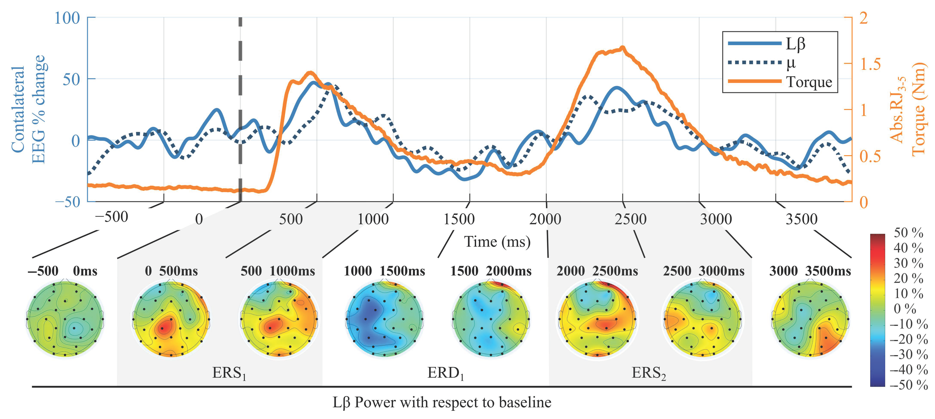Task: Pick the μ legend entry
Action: [x=762, y=63]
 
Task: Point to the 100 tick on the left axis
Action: [x=67, y=18]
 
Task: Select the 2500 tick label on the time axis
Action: [x=630, y=219]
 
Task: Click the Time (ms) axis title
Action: [x=497, y=242]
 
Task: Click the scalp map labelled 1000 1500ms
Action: [x=384, y=318]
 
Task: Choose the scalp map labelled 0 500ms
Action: [x=171, y=318]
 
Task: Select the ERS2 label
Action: [x=649, y=373]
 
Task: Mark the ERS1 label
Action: [x=229, y=373]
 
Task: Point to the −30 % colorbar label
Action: [x=909, y=354]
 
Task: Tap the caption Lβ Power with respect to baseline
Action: [x=442, y=402]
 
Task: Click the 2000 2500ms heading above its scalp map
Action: [x=597, y=271]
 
